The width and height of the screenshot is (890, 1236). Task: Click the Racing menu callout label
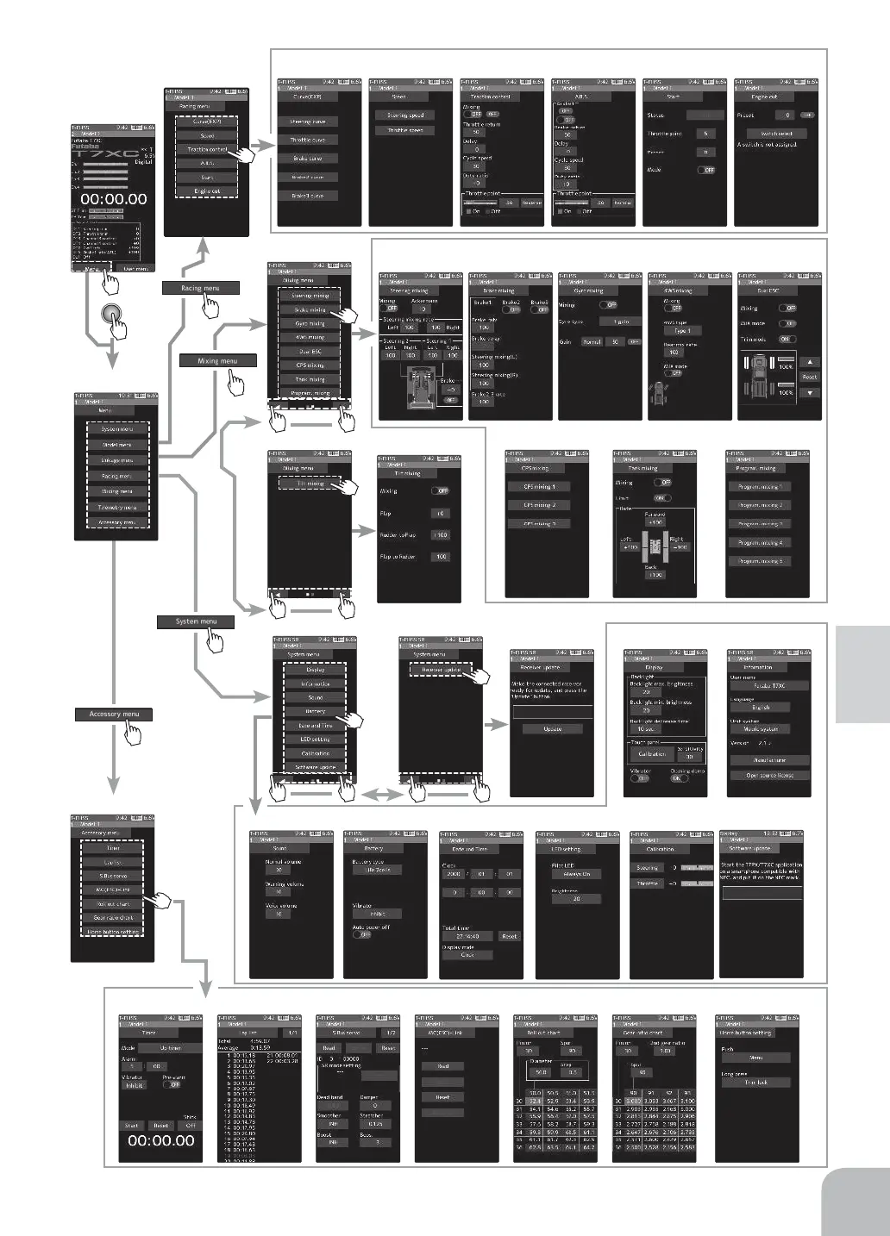(199, 288)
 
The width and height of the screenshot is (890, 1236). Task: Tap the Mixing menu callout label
(217, 360)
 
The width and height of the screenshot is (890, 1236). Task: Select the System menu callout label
(196, 621)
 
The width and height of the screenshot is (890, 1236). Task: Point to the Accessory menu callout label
(114, 714)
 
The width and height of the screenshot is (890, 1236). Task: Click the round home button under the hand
(110, 315)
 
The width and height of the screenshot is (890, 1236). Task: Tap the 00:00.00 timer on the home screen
(114, 198)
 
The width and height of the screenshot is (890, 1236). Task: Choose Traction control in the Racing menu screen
(207, 149)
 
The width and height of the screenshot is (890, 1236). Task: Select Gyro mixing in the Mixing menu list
(310, 323)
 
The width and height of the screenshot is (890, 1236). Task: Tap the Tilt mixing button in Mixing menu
(310, 484)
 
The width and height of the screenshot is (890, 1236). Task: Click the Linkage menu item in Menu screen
(116, 460)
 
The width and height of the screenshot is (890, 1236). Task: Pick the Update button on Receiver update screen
(553, 728)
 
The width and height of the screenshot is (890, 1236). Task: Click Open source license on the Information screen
(770, 775)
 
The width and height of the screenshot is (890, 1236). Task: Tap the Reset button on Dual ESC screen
(810, 377)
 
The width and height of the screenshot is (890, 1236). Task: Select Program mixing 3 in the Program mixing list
(760, 524)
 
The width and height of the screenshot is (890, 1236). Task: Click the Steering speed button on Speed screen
(404, 115)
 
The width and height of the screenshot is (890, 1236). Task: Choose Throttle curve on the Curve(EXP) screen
(308, 140)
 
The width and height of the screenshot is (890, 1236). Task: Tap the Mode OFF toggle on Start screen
(706, 170)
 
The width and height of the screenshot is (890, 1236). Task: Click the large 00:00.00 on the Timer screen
(161, 1140)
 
